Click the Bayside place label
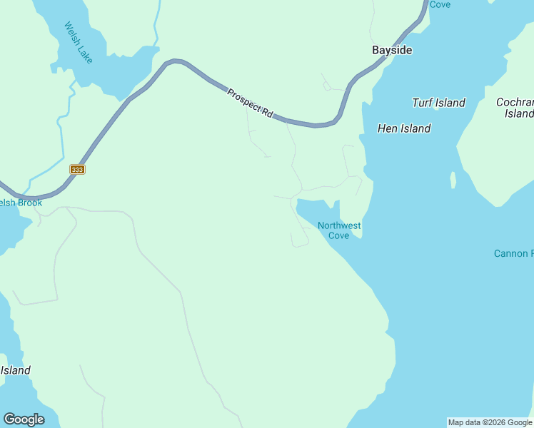392,50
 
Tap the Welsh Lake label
79,42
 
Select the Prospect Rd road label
251,103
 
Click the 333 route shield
77,170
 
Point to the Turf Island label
438,103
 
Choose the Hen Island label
403,128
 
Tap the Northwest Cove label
339,230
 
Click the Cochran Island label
516,108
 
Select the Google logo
24,419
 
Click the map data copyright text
490,422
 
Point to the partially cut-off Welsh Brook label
21,203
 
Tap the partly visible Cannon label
513,253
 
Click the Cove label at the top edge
440,4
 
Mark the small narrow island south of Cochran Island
453,180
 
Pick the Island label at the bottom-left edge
15,370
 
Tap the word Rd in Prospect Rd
267,113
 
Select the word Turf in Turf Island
423,103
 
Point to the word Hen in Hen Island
388,128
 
